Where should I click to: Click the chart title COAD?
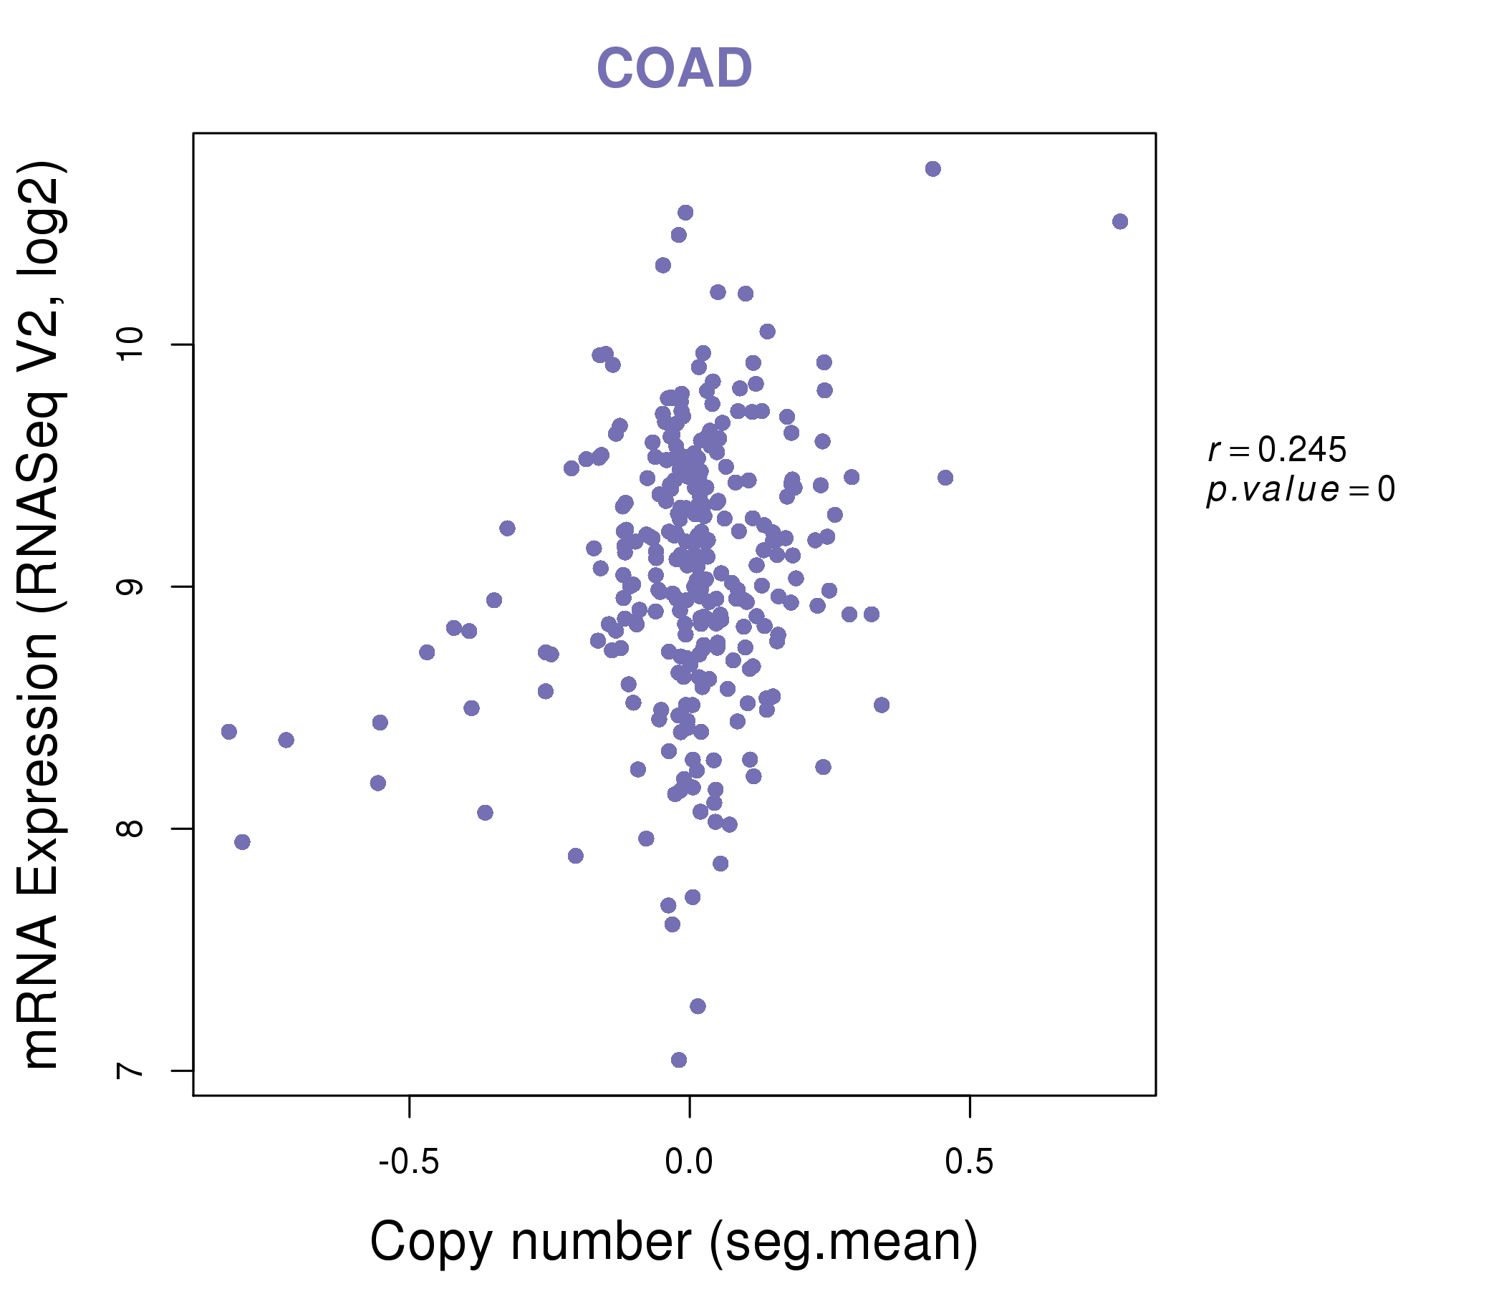coord(675,69)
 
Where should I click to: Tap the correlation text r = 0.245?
coord(1277,450)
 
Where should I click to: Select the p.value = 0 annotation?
coord(1300,490)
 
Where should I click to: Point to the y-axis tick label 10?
coord(130,344)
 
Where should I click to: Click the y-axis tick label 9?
coord(130,586)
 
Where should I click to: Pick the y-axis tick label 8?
coord(130,828)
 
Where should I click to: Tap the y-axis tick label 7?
coord(130,1071)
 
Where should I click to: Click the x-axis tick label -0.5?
coord(409,1162)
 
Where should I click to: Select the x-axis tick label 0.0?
coord(689,1162)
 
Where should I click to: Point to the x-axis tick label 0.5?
coord(969,1162)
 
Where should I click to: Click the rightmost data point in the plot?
coord(1120,221)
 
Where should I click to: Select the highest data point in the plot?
coord(932,169)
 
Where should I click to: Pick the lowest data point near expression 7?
coord(679,1060)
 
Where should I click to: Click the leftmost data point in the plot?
coord(228,731)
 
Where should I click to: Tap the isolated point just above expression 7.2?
coord(698,1006)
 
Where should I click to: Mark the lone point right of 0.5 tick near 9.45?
coord(945,478)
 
